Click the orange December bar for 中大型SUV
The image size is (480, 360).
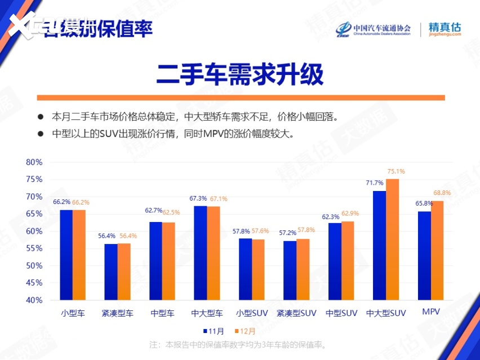(392, 239)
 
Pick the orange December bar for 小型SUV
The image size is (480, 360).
(258, 270)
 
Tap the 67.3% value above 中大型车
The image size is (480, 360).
(198, 198)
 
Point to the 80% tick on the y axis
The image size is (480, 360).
(34, 162)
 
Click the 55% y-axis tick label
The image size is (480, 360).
(34, 248)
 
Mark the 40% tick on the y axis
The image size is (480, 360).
(34, 300)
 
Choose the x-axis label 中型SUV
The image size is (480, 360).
(341, 313)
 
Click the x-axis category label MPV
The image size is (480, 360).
(430, 312)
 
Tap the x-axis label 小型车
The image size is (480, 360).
(73, 313)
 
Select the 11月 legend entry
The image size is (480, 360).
(214, 331)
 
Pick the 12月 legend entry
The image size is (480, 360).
(246, 331)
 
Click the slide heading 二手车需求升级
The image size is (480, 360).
(239, 74)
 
